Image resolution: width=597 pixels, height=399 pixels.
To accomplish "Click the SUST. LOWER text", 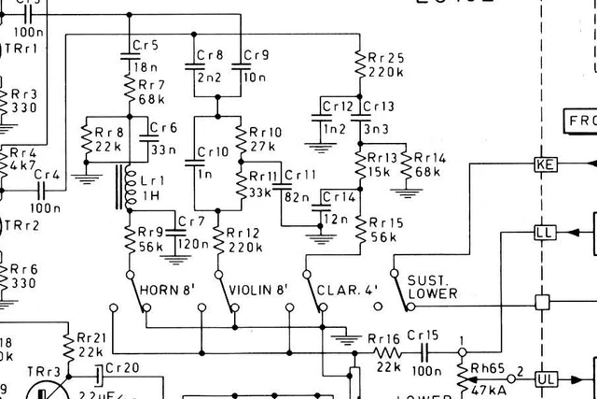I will [432, 287].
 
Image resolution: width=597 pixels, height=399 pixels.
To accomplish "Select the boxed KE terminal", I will [544, 165].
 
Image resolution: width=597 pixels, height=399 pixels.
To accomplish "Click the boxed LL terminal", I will [544, 232].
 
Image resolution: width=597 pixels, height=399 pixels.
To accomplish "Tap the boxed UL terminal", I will [545, 379].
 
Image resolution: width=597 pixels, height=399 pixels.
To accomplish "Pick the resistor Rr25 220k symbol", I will [359, 64].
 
